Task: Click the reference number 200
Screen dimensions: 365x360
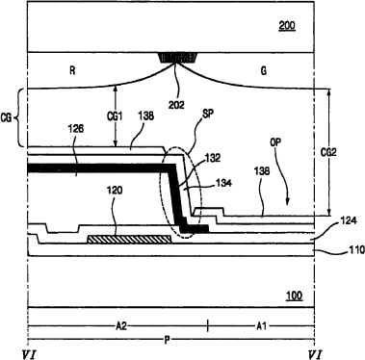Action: coord(287,25)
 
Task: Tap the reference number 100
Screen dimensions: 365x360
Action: coord(294,295)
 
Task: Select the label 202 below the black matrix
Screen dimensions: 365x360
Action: coord(176,105)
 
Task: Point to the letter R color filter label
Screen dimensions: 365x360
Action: coord(72,70)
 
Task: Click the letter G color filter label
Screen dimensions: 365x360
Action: coord(263,70)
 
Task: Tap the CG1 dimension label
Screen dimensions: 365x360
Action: coord(115,116)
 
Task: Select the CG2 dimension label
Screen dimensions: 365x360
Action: coord(328,152)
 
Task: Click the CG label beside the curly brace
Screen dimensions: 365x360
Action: coord(6,118)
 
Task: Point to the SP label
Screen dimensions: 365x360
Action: coord(208,114)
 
